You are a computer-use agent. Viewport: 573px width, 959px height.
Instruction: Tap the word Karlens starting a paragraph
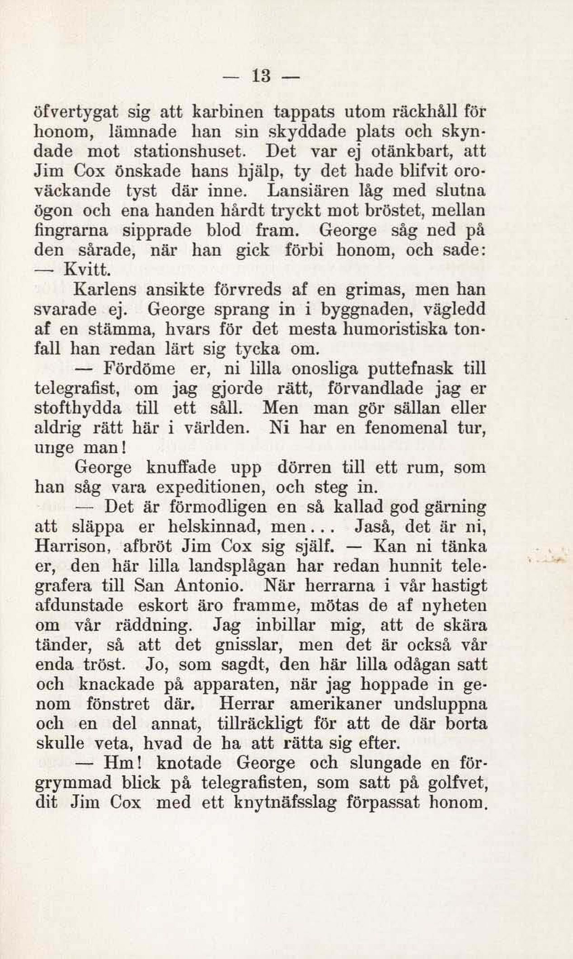pos(106,289)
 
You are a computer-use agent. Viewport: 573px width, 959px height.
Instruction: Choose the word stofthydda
pos(78,408)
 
